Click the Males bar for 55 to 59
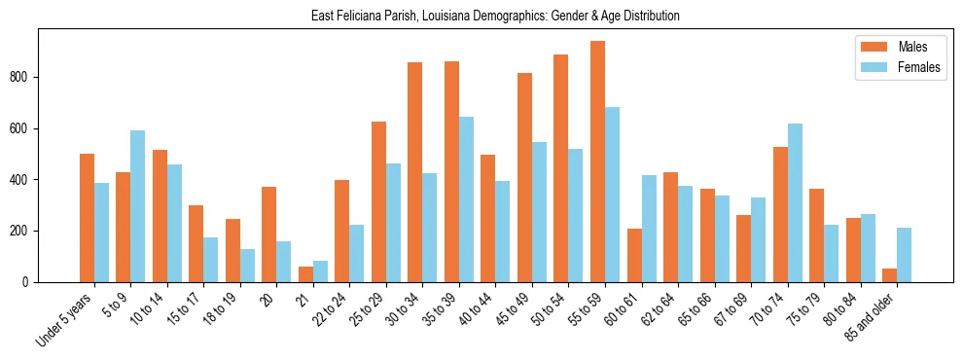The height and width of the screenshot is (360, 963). click(597, 162)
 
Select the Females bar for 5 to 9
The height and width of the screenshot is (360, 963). click(137, 206)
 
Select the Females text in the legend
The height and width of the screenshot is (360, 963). click(920, 68)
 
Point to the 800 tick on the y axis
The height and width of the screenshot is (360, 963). click(38, 78)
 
